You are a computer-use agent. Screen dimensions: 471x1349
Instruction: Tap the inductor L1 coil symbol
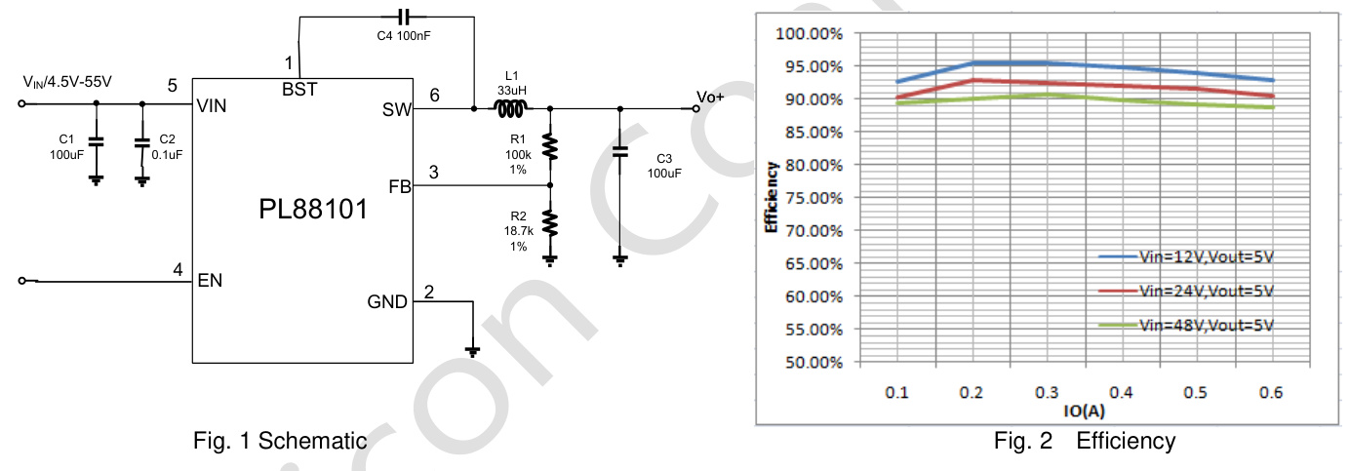point(511,107)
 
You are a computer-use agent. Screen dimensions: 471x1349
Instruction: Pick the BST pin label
point(299,89)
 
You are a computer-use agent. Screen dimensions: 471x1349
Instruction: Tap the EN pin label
point(210,281)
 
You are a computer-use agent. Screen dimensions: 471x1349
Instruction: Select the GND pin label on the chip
point(387,302)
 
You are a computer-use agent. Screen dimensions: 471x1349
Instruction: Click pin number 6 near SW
point(434,94)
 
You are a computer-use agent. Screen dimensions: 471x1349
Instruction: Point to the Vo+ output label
point(711,97)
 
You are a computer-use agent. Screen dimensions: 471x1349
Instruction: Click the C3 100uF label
point(663,165)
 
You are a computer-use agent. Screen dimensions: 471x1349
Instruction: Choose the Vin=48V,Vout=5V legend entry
point(1207,325)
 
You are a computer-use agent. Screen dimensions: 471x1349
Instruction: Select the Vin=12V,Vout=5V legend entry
point(1207,257)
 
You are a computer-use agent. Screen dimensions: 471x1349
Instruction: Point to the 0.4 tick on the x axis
point(1120,393)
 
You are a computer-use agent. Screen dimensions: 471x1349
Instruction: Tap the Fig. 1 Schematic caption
point(281,441)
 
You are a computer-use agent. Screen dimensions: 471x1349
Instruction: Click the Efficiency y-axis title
point(771,198)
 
